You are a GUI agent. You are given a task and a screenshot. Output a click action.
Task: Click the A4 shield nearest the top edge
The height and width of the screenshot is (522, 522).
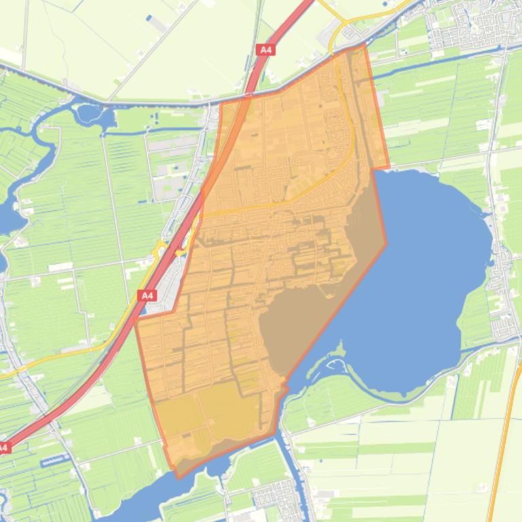[x=267, y=49]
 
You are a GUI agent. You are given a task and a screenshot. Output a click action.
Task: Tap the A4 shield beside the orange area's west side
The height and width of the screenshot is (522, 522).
[x=147, y=295]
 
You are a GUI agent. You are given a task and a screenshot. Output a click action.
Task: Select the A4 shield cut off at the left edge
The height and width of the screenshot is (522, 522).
[x=3, y=447]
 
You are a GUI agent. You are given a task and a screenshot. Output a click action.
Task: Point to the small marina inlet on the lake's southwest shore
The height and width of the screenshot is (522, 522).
[x=335, y=366]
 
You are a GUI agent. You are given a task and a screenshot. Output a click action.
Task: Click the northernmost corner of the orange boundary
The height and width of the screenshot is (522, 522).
[x=365, y=45]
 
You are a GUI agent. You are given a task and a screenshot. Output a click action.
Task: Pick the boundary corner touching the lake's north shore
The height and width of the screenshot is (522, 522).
[x=388, y=167]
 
